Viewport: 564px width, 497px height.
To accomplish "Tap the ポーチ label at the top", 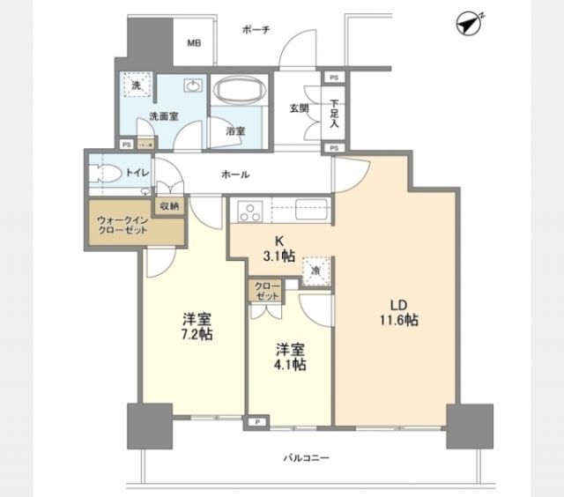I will click(256, 30).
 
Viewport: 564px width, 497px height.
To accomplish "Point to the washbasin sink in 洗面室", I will click(192, 86).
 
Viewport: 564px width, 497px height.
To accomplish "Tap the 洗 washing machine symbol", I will click(137, 85).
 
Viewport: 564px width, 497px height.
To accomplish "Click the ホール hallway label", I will click(236, 174).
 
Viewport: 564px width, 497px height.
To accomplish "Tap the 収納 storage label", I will click(169, 205).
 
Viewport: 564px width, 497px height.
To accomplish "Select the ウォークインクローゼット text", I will click(122, 224).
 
